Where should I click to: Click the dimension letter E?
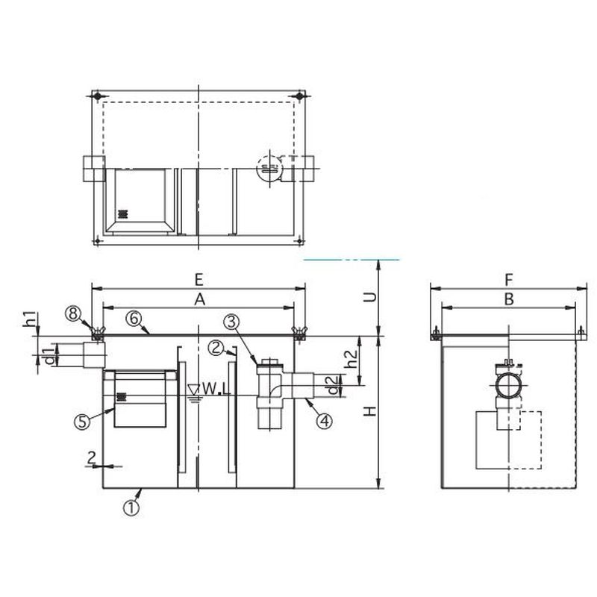click(199, 280)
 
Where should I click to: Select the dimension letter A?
click(199, 300)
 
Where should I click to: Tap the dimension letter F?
click(509, 281)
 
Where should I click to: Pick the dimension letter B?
click(509, 299)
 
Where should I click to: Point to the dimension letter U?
click(369, 296)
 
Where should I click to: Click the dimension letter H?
click(369, 411)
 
